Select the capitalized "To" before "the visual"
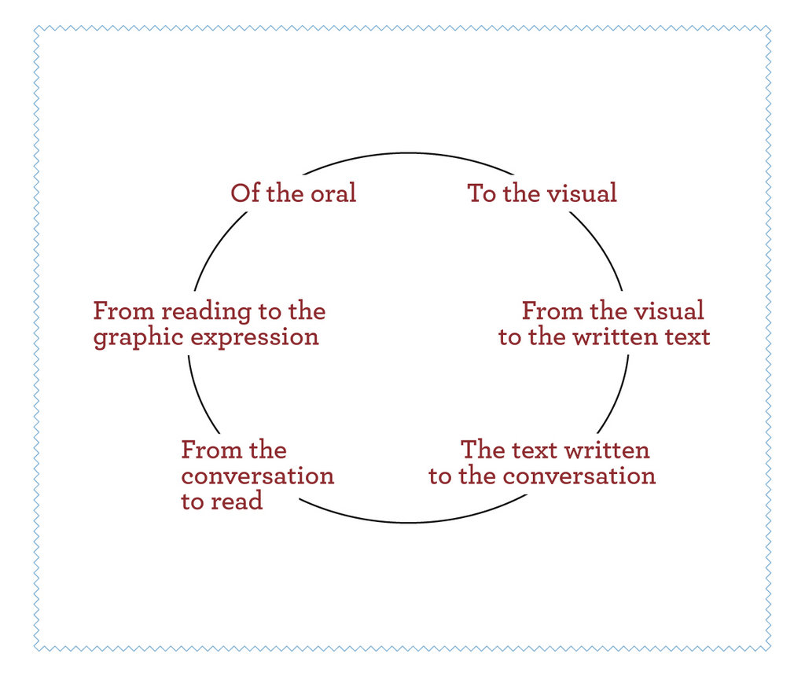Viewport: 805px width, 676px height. [482, 193]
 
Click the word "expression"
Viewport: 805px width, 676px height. [255, 338]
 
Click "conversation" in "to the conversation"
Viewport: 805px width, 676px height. [579, 476]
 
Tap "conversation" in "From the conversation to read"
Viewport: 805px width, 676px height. [258, 476]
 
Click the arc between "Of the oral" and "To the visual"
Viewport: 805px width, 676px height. [408, 153]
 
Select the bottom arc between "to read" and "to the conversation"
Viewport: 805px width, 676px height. [410, 523]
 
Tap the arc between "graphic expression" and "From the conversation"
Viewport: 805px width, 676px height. [200, 396]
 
